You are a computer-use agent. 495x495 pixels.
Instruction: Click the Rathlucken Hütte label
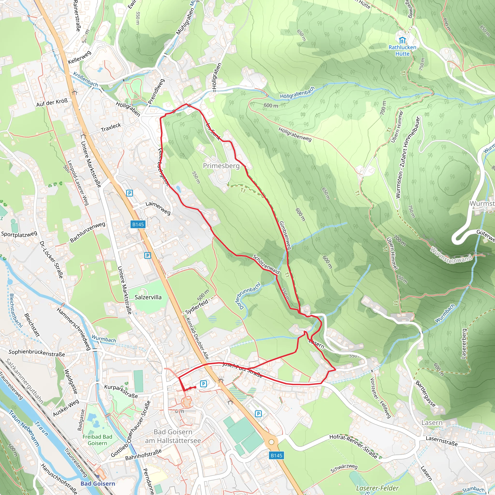[x=402, y=51]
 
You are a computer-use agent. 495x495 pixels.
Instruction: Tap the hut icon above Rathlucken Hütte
[x=402, y=40]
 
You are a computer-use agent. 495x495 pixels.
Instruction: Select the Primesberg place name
[x=221, y=166]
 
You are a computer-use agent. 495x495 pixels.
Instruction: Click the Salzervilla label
[x=148, y=297]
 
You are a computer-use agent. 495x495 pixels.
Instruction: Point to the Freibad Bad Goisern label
[x=97, y=440]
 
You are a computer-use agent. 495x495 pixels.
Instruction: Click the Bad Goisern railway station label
[x=98, y=483]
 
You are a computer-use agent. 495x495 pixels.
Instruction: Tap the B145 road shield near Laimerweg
[x=138, y=225]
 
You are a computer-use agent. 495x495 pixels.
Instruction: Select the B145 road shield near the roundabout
[x=277, y=455]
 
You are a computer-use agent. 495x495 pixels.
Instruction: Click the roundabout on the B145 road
[x=272, y=442]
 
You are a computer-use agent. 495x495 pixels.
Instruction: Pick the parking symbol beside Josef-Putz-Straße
[x=204, y=384]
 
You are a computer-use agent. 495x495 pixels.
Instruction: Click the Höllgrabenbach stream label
[x=297, y=93]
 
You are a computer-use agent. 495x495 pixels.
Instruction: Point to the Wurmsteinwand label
[x=451, y=256]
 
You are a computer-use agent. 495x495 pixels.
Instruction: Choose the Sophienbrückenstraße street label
[x=37, y=353]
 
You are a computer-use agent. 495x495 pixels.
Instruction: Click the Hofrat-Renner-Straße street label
[x=353, y=446]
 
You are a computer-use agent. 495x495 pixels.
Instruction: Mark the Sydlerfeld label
[x=197, y=307]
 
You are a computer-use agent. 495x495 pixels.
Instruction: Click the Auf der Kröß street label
[x=52, y=102]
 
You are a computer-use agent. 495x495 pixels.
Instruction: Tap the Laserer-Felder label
[x=377, y=488]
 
